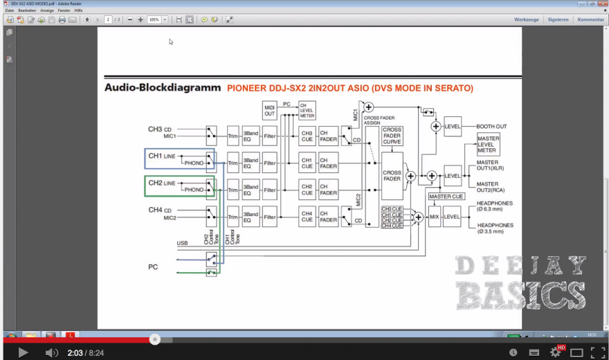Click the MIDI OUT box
click(x=269, y=110)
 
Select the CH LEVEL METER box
click(x=307, y=110)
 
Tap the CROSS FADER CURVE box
click(x=392, y=135)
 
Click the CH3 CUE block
click(x=307, y=136)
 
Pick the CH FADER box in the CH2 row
click(x=328, y=190)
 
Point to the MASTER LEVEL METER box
click(x=488, y=144)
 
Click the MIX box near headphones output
click(x=435, y=217)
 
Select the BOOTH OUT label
click(x=491, y=127)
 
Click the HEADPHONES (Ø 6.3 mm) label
click(x=495, y=206)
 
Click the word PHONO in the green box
click(x=194, y=190)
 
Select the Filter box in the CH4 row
click(x=269, y=217)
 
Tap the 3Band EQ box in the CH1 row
click(x=251, y=163)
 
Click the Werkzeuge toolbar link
click(x=526, y=19)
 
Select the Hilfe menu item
click(x=78, y=10)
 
